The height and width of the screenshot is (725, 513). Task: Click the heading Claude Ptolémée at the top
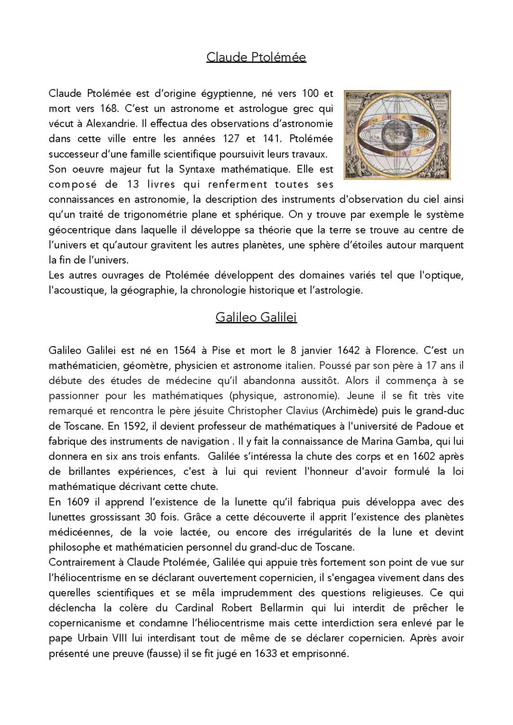(x=256, y=57)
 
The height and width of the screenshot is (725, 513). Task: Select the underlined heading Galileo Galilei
(x=256, y=317)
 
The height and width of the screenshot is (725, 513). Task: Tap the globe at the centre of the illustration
(x=397, y=135)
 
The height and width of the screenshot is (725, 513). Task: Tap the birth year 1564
(x=185, y=351)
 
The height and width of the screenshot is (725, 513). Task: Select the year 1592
(x=134, y=426)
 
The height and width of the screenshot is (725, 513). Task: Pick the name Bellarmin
(x=282, y=608)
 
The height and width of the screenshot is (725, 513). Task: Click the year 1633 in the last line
(x=266, y=654)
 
